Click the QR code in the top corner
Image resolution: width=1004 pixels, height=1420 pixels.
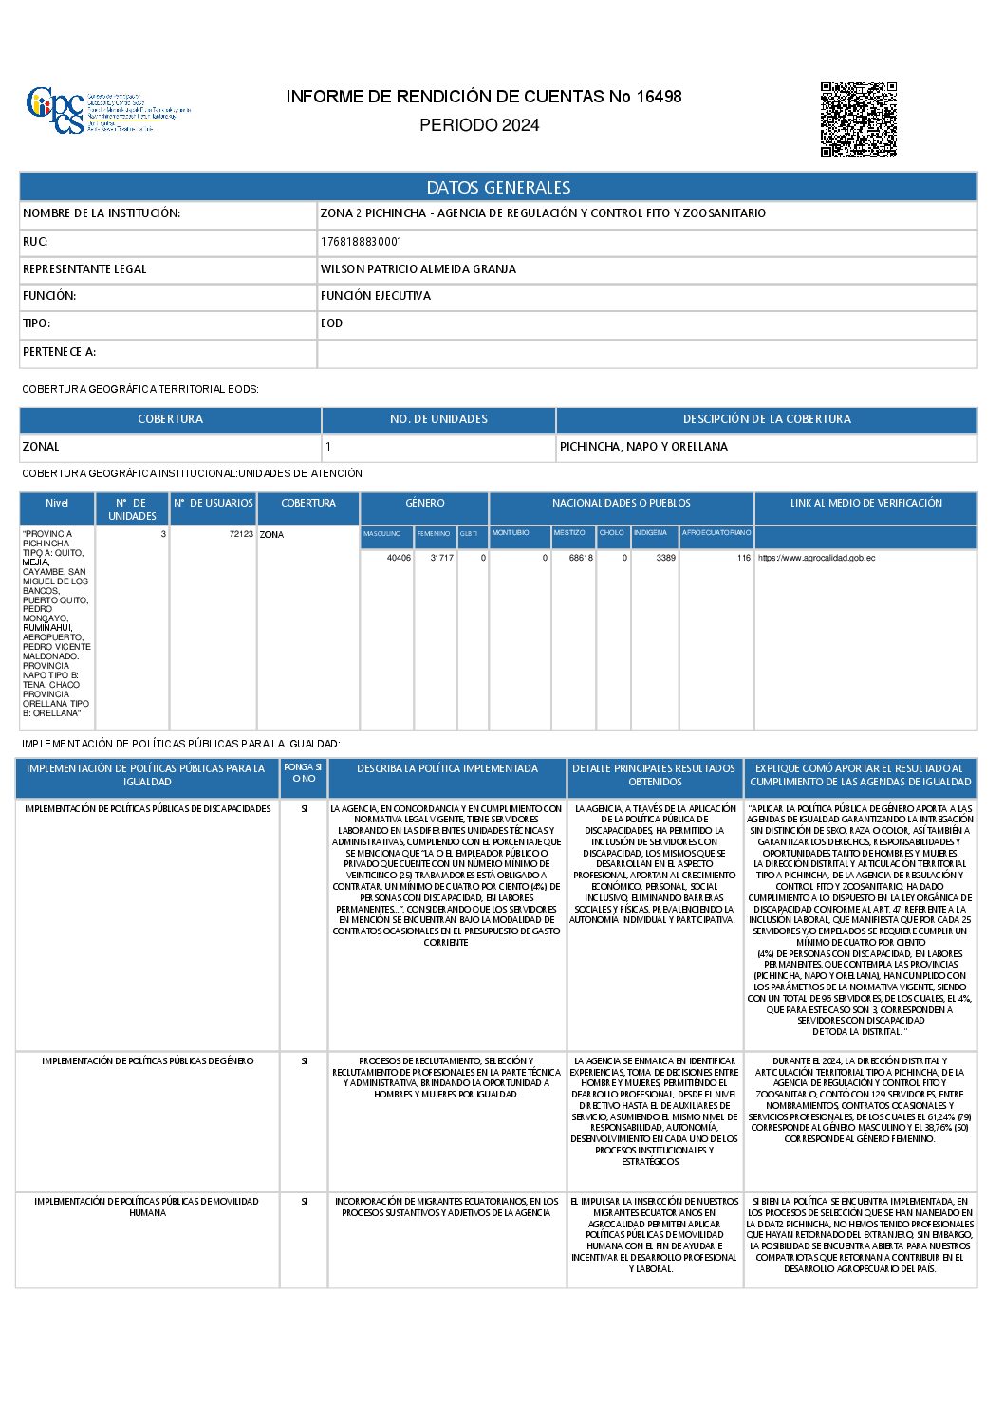858,119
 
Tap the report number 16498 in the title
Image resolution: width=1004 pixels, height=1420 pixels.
659,97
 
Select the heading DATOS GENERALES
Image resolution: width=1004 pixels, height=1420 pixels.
498,188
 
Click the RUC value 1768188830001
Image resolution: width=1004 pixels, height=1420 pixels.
362,242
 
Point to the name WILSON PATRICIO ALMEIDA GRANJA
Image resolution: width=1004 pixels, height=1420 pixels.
418,269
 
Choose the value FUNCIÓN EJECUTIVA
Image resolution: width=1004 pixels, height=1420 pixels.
376,296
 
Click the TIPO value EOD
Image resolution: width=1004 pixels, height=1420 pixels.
332,323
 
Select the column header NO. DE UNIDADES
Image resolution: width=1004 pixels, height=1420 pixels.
438,419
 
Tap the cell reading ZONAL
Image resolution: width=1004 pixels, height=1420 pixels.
41,447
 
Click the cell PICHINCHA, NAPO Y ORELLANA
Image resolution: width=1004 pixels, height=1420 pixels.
643,447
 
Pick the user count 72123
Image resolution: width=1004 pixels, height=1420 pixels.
241,534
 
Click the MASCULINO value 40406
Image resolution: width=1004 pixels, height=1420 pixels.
399,558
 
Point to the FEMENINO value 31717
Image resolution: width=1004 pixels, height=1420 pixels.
441,558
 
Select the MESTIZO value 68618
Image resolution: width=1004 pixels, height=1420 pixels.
581,558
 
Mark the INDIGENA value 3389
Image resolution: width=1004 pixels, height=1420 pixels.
665,558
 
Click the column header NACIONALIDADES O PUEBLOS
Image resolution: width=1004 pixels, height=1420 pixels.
621,504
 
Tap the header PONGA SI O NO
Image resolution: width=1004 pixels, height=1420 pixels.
304,773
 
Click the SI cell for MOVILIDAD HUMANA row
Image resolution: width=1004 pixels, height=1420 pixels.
304,1202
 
